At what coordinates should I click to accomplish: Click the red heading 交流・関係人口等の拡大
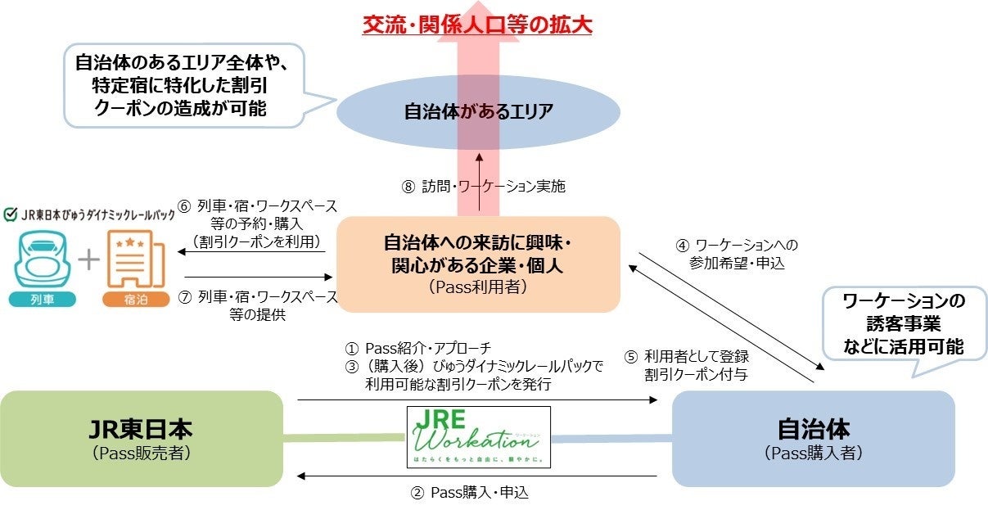pos(477,24)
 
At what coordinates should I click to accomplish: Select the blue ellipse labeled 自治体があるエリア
pos(478,112)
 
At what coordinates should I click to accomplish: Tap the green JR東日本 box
pos(142,439)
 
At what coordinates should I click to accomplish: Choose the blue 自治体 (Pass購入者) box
pos(813,439)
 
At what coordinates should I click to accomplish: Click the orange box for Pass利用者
pos(478,264)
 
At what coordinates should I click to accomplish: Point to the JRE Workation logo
pos(479,437)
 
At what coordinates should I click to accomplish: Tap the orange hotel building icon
pos(134,260)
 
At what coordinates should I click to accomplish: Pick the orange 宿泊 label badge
pos(134,299)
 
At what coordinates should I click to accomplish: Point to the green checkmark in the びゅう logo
pos(11,215)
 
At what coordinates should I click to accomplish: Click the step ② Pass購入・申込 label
pos(474,493)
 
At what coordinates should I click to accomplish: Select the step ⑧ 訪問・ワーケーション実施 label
pos(483,187)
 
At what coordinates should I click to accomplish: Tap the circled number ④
pos(681,245)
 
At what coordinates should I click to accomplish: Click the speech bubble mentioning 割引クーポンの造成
pos(191,85)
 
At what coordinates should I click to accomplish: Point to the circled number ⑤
pos(630,357)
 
